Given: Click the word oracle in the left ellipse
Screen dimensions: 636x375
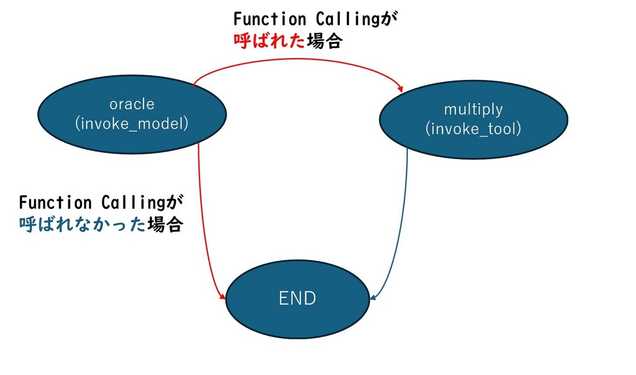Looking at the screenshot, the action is (132, 104).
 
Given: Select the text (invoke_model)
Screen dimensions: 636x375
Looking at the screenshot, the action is (132, 124).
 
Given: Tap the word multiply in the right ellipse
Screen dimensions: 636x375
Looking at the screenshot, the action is (473, 110).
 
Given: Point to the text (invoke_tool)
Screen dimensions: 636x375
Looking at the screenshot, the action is (473, 129).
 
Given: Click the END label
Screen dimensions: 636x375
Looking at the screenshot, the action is (297, 298).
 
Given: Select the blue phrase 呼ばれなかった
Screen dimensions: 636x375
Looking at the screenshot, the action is (83, 225).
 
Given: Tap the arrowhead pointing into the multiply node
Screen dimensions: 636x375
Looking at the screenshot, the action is (400, 89).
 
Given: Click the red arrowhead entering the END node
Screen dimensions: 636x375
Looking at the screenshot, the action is (222, 296).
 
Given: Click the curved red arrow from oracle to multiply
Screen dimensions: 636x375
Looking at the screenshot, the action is (297, 59).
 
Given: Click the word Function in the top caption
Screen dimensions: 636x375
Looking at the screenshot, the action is (270, 19).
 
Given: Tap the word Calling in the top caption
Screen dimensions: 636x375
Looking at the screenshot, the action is (348, 20).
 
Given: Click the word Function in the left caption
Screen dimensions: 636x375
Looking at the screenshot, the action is (55, 203).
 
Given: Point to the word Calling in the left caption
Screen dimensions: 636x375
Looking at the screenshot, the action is (133, 203).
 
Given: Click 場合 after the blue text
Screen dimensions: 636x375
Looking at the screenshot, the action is (165, 225).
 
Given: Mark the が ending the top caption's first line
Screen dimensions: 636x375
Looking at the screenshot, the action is (389, 19).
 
